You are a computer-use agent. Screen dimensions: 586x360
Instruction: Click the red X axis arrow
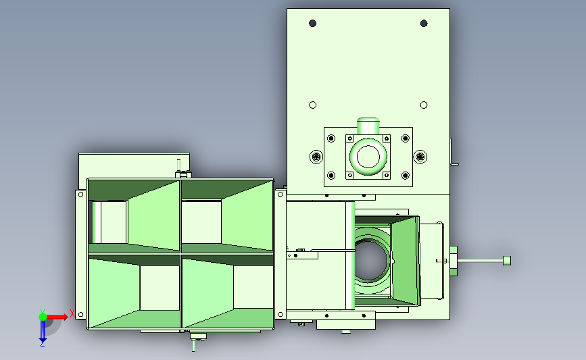point(57,317)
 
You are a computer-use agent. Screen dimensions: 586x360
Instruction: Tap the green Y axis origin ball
point(43,317)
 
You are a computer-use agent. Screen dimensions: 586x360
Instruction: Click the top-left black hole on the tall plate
point(313,24)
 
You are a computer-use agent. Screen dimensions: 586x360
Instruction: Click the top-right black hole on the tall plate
point(424,24)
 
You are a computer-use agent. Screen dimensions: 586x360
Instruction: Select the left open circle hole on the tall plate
point(313,105)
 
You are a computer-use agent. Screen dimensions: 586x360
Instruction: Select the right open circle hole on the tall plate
point(424,105)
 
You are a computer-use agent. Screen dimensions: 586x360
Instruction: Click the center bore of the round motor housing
point(368,157)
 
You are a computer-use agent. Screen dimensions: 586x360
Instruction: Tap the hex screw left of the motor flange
point(316,157)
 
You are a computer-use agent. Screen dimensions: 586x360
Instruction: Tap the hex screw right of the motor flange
point(420,157)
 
